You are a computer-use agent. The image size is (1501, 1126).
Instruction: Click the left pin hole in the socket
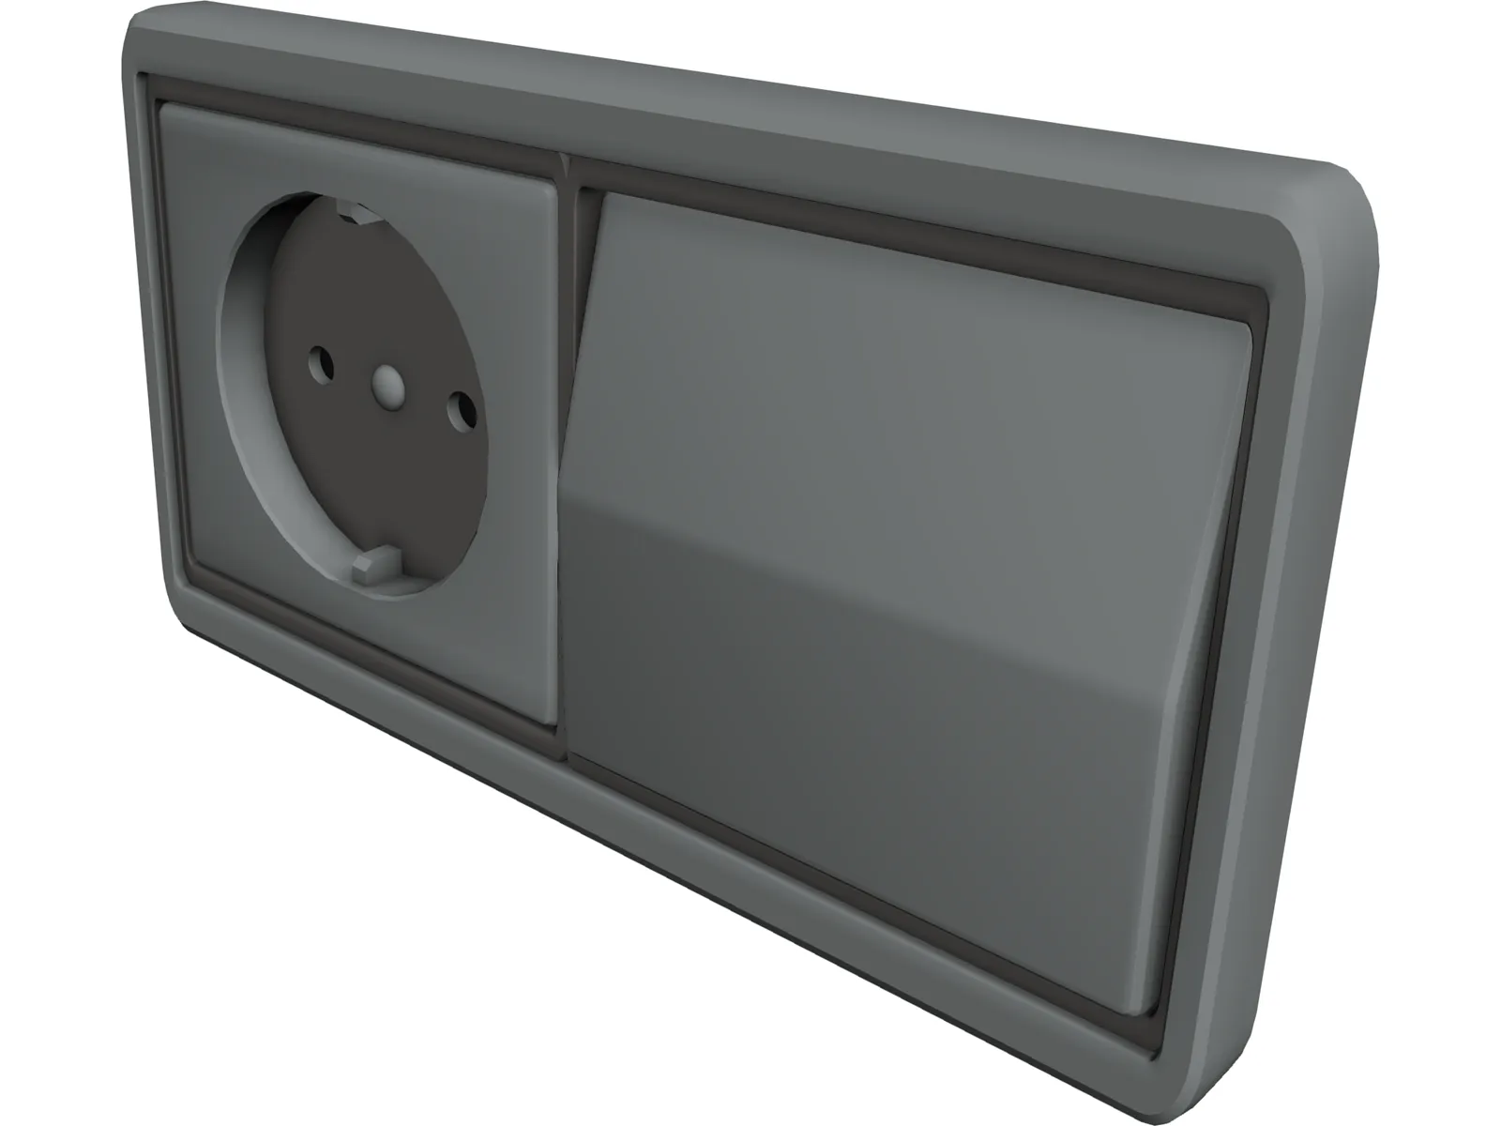321,360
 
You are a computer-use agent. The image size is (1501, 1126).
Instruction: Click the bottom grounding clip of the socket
371,568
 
